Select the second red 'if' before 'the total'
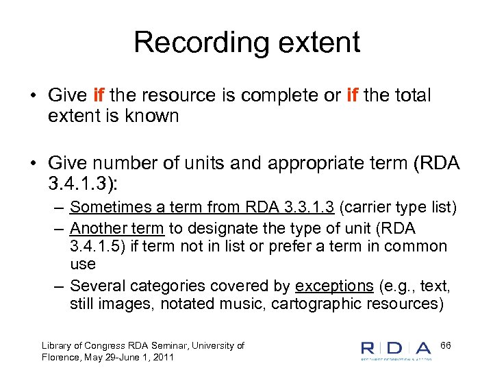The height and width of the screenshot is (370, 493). [353, 96]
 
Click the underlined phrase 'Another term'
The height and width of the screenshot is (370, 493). [116, 228]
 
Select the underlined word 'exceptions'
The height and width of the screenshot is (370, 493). [334, 286]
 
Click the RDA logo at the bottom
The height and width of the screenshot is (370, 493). [396, 349]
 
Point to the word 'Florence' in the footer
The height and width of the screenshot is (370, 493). [61, 357]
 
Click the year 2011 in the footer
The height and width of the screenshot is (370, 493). [162, 357]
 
